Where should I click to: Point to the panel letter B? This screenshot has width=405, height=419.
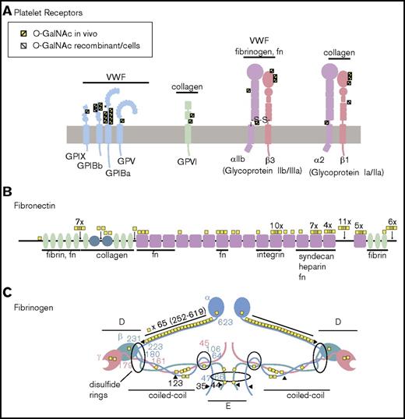pyautogui.click(x=7, y=188)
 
